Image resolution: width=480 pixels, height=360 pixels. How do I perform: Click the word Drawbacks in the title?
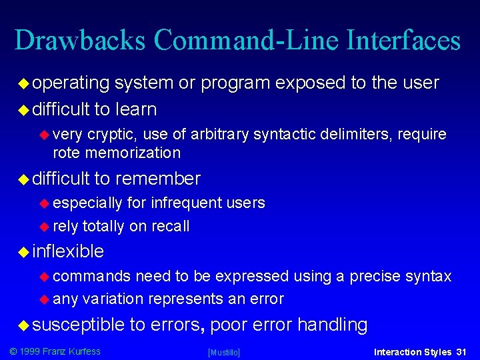[x=79, y=41]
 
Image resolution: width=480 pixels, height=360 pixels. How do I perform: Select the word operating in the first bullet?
[x=71, y=83]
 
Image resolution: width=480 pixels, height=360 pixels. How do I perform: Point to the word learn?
[x=135, y=109]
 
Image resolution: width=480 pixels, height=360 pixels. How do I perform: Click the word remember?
[x=157, y=179]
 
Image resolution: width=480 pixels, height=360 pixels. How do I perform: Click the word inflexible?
[x=68, y=251]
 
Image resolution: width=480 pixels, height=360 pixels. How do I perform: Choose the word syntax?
[x=430, y=276]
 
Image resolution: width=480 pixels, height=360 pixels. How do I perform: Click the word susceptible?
[x=79, y=325]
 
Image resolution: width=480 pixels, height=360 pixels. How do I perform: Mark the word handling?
[x=332, y=325]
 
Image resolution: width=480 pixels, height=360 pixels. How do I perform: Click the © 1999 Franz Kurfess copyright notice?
[x=54, y=351]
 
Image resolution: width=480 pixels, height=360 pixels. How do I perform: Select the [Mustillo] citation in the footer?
[x=224, y=352]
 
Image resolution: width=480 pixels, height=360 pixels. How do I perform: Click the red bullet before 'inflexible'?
[x=24, y=252]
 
